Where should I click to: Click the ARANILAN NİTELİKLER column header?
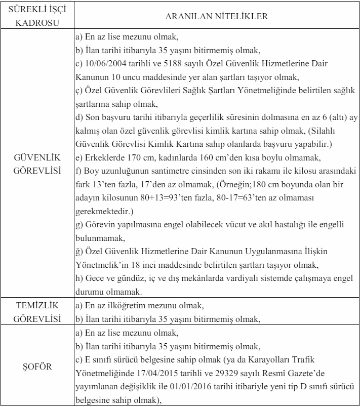[217, 16]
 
